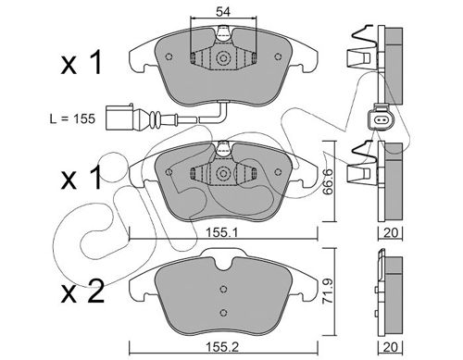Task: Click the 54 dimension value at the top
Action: click(223, 12)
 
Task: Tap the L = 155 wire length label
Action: click(72, 118)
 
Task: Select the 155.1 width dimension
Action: click(221, 233)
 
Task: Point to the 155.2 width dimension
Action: click(222, 347)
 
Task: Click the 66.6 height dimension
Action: click(328, 181)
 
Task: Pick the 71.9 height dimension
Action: click(328, 292)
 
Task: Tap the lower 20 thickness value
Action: click(390, 347)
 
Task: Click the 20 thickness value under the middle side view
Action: click(391, 232)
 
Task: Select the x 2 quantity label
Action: click(82, 292)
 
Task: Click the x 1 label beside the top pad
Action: click(81, 63)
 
